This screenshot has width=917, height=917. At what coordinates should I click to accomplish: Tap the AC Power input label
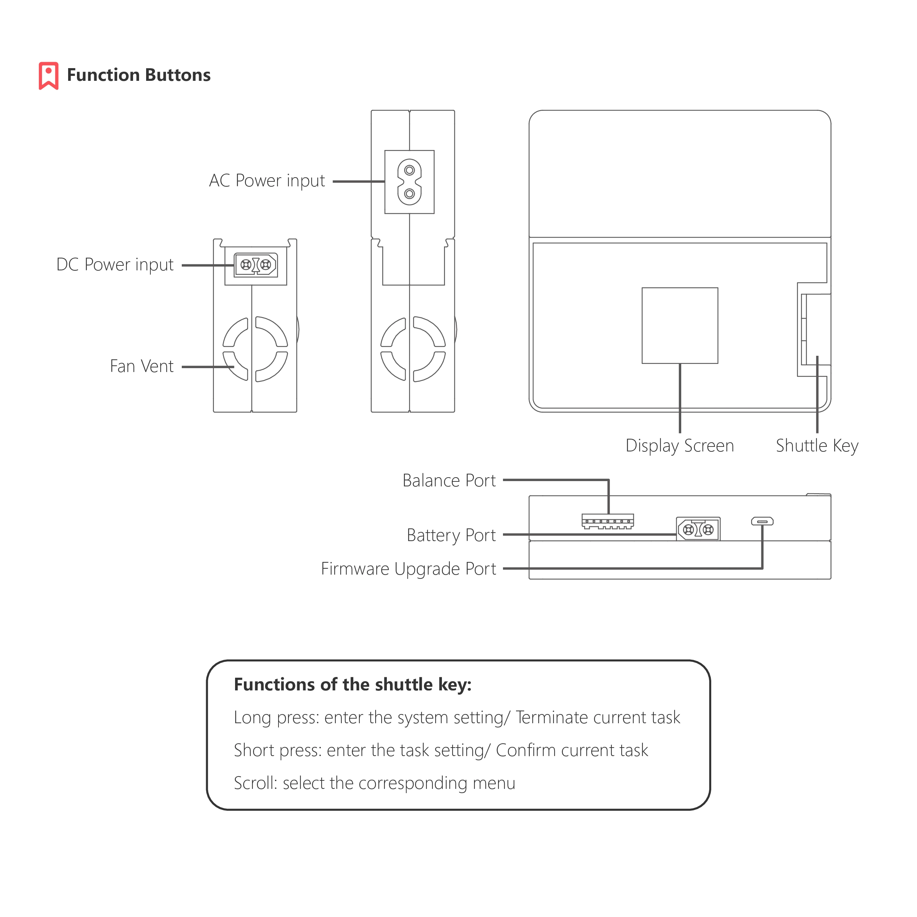click(x=267, y=181)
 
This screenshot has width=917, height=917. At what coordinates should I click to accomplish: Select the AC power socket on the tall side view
click(x=409, y=182)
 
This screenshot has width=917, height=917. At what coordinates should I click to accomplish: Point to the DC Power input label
click(x=115, y=265)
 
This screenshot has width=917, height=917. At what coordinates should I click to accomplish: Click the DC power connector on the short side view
click(x=255, y=265)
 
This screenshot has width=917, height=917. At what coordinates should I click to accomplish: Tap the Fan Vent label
click(x=142, y=366)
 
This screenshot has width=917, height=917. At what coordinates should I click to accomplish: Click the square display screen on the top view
click(x=680, y=325)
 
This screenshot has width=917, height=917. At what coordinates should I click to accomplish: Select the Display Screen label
click(x=680, y=446)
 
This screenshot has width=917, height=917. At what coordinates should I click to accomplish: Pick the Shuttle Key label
click(x=817, y=446)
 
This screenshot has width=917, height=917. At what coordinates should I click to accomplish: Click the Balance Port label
click(x=449, y=480)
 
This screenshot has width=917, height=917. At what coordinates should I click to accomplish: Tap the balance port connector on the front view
click(x=607, y=521)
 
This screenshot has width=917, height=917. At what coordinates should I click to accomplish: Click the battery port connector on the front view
click(x=698, y=529)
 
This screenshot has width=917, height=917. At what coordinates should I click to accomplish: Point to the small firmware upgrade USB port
click(x=762, y=522)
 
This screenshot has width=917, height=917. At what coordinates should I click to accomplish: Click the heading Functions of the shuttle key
click(x=353, y=684)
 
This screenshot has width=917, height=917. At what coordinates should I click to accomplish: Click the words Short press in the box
click(x=277, y=750)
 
